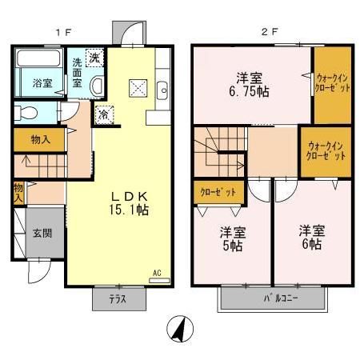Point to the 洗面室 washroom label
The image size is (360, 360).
(x=77, y=73)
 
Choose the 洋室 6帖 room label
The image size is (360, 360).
(x=310, y=238)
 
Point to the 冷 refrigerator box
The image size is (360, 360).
(x=104, y=114)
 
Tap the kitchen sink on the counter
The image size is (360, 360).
(x=160, y=90)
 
